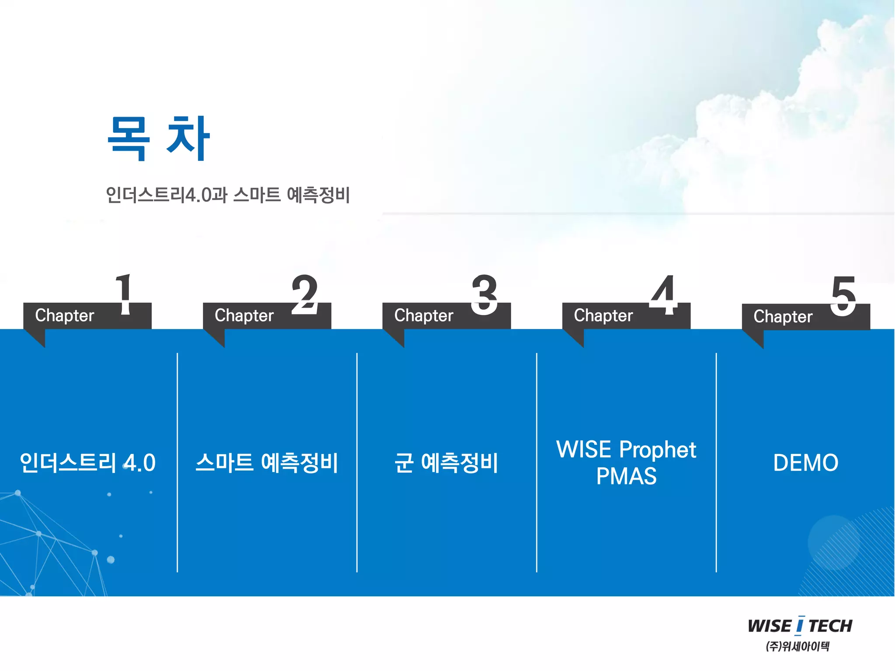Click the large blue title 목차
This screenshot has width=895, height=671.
click(x=159, y=138)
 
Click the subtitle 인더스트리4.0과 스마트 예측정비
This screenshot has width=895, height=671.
click(x=228, y=195)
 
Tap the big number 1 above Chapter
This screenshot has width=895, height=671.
click(x=124, y=294)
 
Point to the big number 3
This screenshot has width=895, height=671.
click(x=484, y=294)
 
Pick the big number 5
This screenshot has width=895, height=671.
click(x=843, y=295)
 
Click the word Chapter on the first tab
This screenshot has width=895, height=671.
click(x=65, y=315)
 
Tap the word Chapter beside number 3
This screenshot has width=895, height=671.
click(x=424, y=315)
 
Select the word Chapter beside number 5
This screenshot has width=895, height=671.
click(x=783, y=316)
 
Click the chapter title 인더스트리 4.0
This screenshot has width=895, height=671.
click(x=88, y=463)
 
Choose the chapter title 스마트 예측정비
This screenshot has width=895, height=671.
click(x=267, y=463)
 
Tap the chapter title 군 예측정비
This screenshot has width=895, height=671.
click(x=446, y=463)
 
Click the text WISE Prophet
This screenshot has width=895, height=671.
click(x=626, y=450)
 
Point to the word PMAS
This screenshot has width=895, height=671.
click(x=626, y=476)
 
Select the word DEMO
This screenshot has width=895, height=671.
click(x=805, y=463)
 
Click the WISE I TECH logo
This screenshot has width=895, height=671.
click(x=800, y=626)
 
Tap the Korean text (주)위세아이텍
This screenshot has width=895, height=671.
click(x=797, y=646)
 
